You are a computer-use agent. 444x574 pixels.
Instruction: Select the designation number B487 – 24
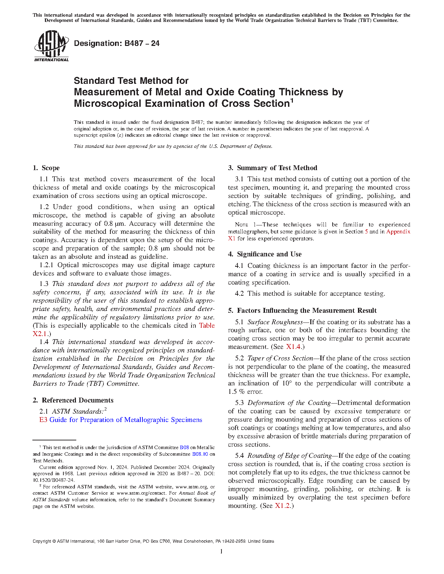142,43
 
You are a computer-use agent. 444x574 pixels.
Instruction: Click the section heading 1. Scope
46,168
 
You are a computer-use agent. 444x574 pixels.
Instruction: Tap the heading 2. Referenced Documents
73,400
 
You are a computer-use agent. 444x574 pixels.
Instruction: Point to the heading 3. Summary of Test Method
273,168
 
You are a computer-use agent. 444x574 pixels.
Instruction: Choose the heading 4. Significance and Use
265,254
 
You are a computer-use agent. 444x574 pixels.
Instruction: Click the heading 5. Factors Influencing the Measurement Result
302,311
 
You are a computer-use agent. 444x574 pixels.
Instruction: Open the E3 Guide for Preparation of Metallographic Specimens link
121,420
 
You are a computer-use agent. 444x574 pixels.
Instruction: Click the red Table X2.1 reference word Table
207,326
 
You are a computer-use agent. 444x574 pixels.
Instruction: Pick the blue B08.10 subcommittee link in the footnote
200,454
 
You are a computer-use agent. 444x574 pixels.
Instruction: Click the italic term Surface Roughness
275,322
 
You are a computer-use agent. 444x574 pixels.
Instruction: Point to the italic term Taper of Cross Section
280,358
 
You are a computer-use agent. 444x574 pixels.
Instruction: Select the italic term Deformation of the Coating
289,403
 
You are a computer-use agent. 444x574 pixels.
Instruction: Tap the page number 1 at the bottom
221,551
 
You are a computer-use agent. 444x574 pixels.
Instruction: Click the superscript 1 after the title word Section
292,101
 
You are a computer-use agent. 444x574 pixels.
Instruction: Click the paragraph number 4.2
240,294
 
